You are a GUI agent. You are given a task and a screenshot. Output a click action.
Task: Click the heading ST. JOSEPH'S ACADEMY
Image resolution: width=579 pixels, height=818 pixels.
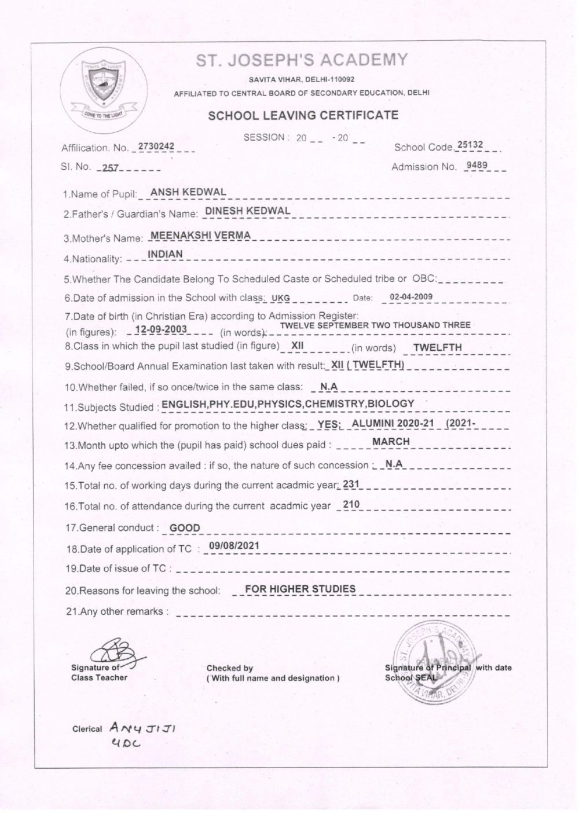302,60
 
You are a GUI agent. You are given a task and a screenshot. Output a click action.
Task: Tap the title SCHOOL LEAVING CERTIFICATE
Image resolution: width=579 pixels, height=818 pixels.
303,115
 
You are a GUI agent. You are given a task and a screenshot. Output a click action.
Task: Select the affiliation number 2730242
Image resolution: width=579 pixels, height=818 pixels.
156,146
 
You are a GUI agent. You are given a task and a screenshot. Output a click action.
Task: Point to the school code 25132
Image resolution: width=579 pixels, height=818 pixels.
470,145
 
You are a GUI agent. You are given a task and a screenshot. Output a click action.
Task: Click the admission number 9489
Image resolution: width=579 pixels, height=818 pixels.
477,166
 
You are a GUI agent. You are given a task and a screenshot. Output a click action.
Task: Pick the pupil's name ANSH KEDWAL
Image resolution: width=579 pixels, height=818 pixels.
188,192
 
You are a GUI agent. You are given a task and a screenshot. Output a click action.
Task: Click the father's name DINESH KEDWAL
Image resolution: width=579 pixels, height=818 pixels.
248,211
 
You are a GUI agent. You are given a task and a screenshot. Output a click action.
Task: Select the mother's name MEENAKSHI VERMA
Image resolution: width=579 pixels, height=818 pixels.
200,235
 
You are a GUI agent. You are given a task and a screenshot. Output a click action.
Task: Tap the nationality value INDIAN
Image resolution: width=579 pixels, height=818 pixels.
165,254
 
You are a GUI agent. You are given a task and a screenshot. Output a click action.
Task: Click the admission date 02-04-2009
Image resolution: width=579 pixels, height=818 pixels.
411,298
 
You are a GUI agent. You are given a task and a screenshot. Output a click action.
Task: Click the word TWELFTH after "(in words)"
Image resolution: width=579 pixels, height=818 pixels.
437,347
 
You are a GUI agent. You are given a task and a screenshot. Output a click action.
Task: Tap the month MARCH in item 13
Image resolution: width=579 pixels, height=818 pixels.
391,441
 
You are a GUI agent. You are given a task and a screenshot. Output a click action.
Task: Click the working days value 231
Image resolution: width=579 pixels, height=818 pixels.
351,484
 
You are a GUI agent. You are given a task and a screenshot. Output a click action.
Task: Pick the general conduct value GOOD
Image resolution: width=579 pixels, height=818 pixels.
185,528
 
